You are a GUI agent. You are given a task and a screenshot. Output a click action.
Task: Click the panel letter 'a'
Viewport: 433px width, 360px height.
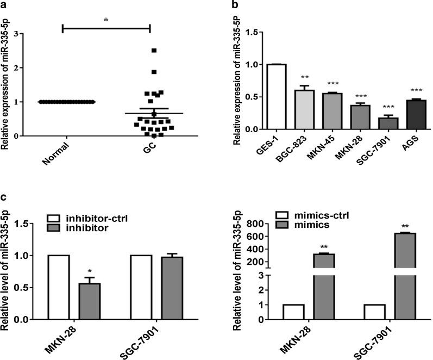pyautogui.click(x=4, y=4)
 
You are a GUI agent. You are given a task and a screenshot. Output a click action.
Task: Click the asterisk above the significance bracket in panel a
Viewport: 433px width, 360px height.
pyautogui.click(x=106, y=18)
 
